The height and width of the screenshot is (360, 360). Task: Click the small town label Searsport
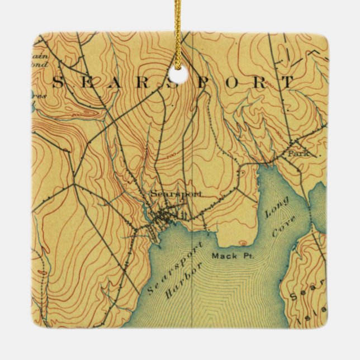coord(174,193)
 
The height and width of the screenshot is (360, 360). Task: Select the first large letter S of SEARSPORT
coord(58,83)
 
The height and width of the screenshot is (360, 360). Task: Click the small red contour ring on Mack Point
coord(243,243)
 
